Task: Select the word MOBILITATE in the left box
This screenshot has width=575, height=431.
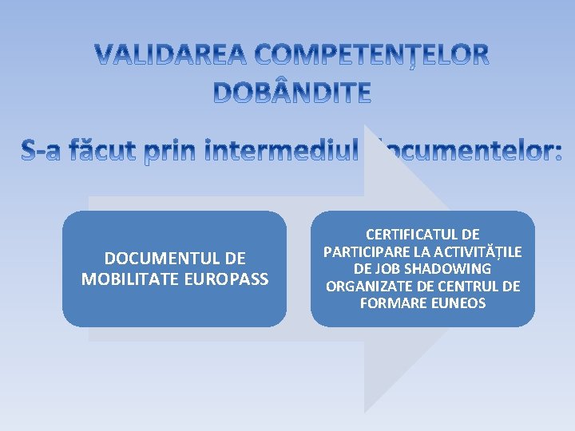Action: [129, 279]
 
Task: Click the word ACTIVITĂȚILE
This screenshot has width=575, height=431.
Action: [475, 252]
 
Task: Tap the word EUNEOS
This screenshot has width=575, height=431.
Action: [456, 303]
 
